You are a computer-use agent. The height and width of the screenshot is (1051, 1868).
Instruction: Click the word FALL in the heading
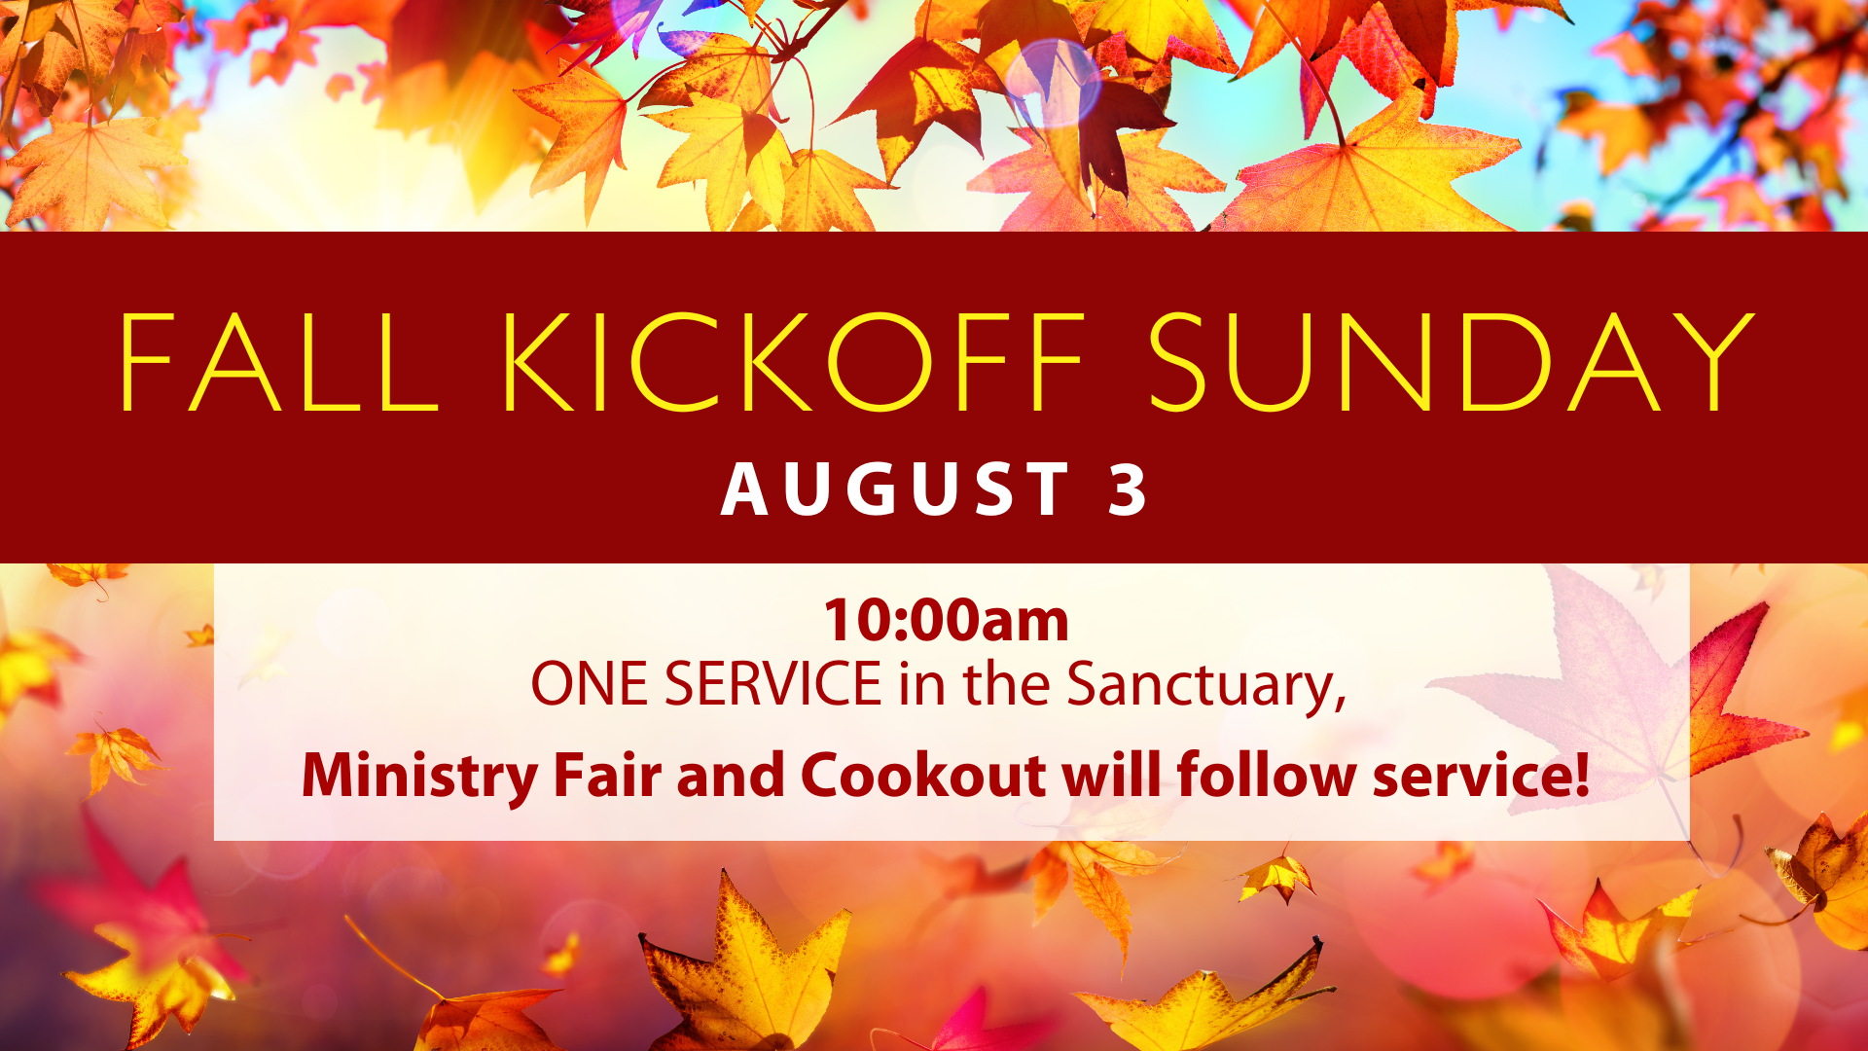[x=279, y=362]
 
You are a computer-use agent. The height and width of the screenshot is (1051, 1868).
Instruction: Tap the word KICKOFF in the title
[x=793, y=362]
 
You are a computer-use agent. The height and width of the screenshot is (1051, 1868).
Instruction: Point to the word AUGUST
[x=895, y=489]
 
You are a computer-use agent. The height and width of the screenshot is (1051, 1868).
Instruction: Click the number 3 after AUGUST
[x=1129, y=489]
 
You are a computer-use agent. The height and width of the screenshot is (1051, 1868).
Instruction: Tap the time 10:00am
[x=946, y=620]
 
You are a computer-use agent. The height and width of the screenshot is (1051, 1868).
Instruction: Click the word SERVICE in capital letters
[x=773, y=684]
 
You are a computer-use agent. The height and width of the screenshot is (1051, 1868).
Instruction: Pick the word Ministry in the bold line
[x=419, y=777]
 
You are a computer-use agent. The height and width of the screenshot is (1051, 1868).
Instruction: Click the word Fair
[x=607, y=776]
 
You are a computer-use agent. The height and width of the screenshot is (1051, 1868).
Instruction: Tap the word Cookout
[x=923, y=776]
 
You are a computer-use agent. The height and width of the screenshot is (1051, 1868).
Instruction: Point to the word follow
[x=1266, y=776]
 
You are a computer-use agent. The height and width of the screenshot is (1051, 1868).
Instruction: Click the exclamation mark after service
[x=1581, y=776]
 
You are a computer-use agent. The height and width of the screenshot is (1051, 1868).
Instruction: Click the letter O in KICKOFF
[x=876, y=362]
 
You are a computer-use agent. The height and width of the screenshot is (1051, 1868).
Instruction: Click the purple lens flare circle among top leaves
[x=1053, y=83]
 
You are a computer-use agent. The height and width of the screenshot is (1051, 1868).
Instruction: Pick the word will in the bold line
[x=1111, y=776]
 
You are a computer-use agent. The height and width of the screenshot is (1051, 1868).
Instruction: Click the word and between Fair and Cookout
[x=731, y=776]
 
